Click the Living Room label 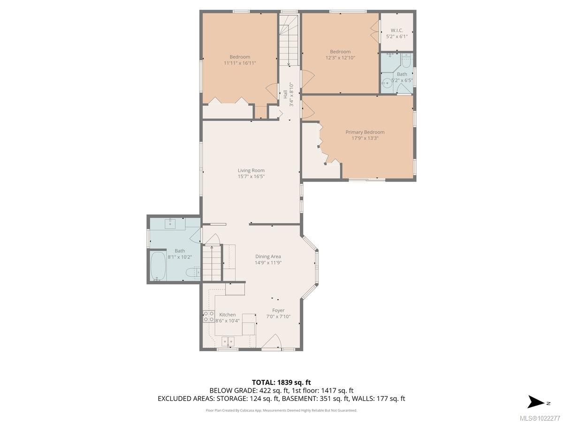251,171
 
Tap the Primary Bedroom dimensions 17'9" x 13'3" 365,138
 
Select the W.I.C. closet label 397,30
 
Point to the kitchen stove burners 208,316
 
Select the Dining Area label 268,256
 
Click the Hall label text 285,94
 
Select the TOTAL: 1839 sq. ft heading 281,382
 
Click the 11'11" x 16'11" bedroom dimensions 240,63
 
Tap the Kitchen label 228,315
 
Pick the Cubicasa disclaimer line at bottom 281,410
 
